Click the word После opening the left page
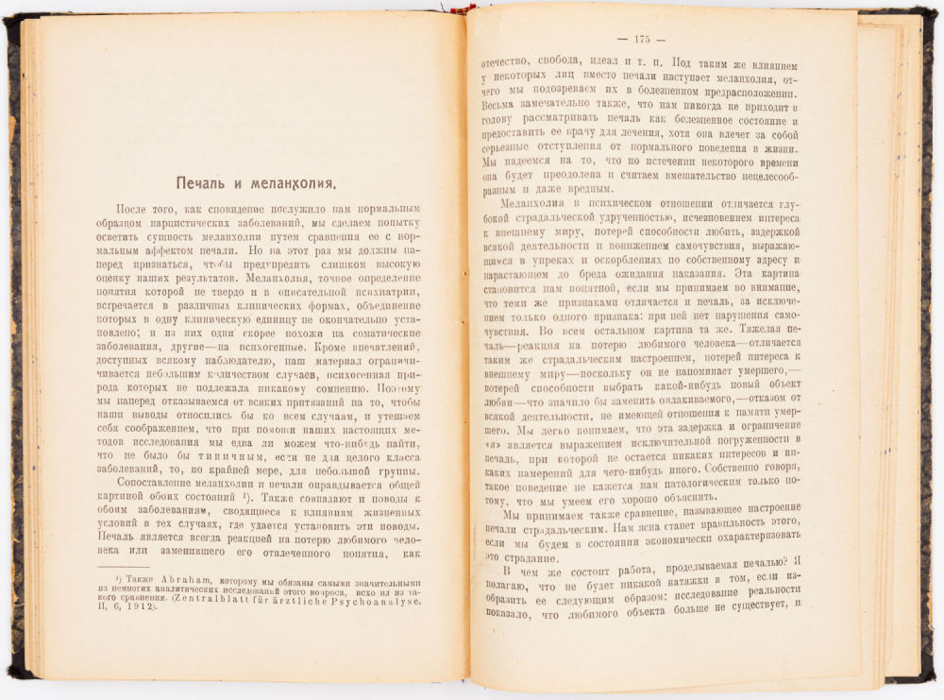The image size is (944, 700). (x=135, y=209)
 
